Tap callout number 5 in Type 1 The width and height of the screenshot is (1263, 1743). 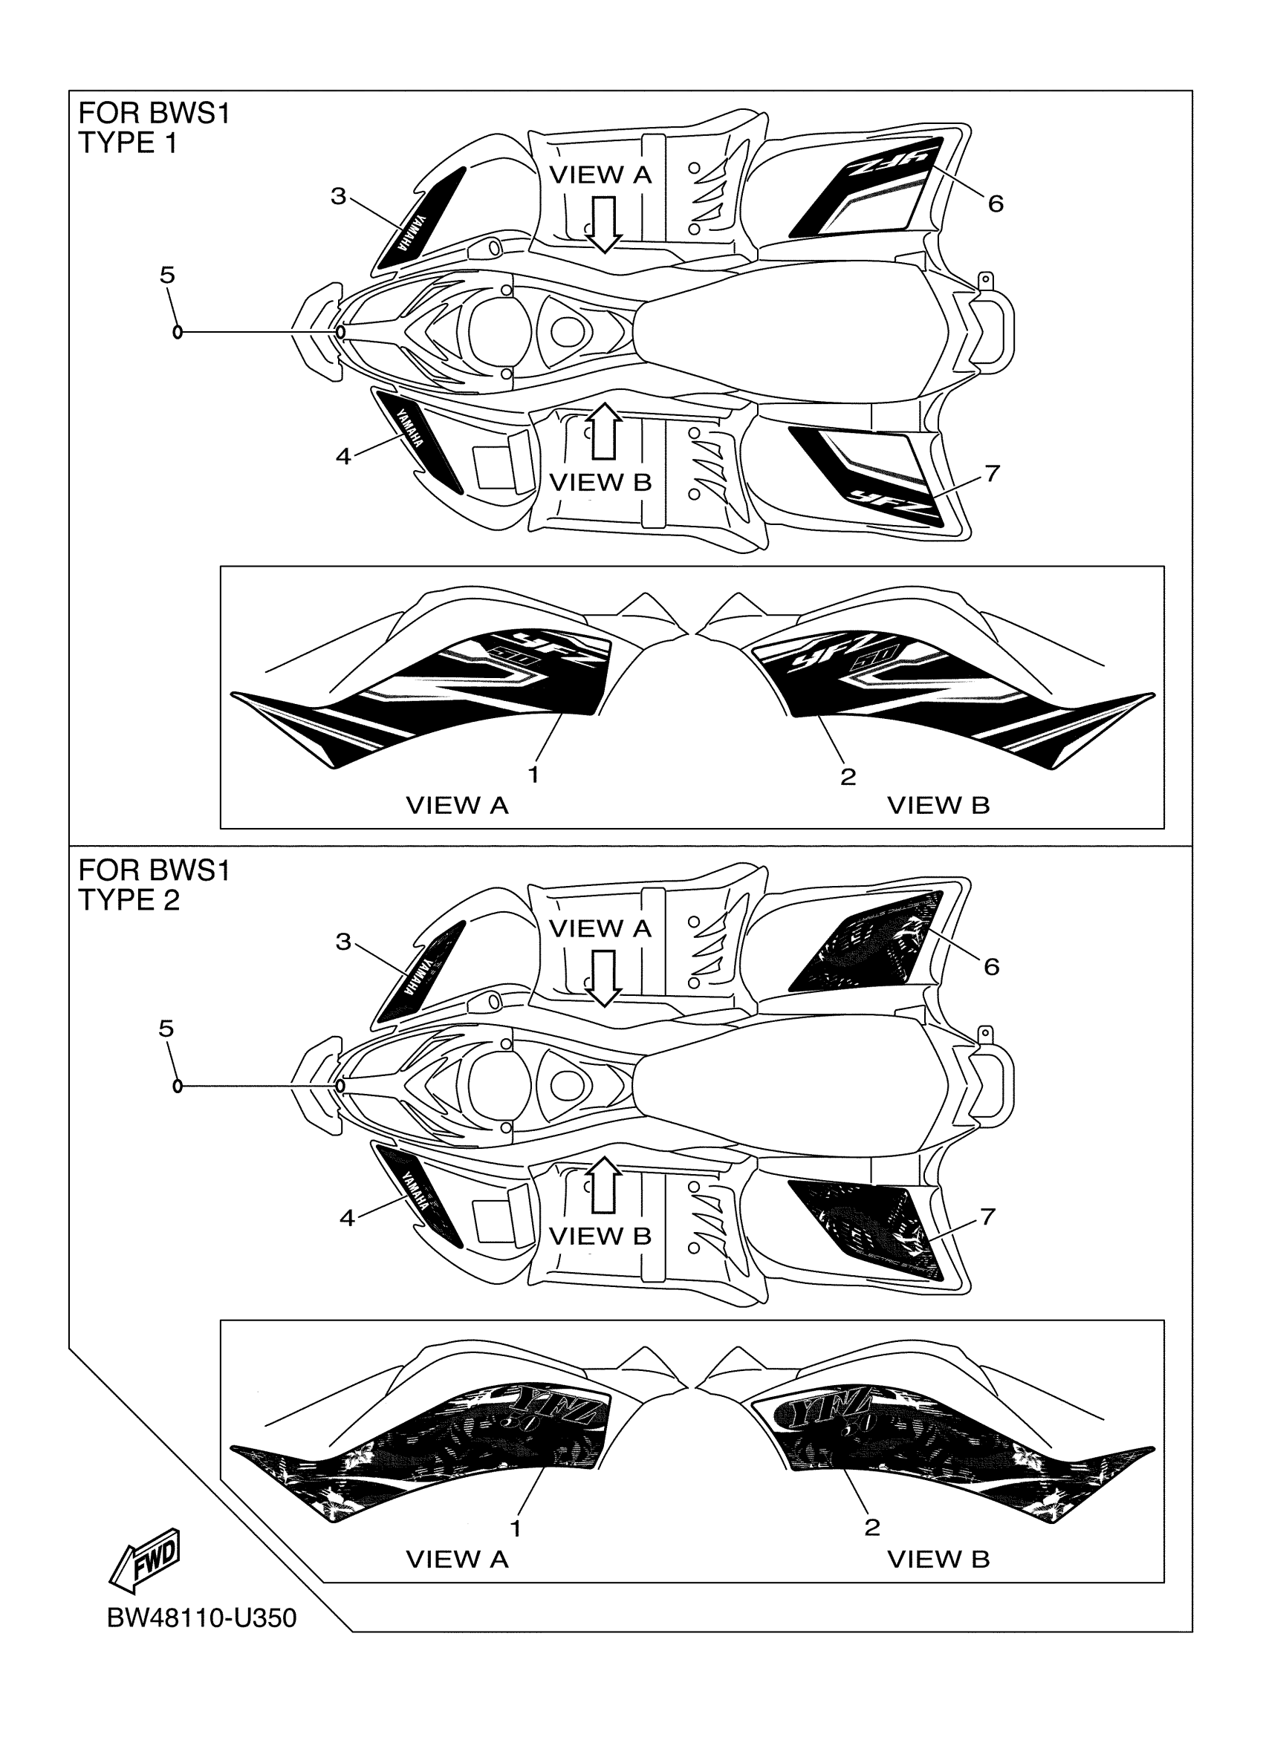coord(167,274)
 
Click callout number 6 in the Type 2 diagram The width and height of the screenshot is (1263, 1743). coord(991,966)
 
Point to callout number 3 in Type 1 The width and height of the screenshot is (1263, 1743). coord(338,196)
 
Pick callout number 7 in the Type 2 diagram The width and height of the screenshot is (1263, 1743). coord(988,1216)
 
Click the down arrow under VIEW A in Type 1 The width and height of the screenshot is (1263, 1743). coord(604,224)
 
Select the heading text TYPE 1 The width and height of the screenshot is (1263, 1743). coord(128,143)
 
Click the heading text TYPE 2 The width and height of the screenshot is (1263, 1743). coord(129,900)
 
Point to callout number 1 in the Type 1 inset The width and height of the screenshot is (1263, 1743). coord(533,775)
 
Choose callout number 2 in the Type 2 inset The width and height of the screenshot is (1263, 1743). coord(871,1527)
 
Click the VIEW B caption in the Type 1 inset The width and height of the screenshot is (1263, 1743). coord(938,806)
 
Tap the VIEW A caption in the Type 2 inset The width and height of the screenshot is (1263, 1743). coord(457,1560)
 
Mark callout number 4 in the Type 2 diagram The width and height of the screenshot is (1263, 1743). coord(347,1217)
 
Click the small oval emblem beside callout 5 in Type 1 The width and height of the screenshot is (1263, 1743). coord(178,332)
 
